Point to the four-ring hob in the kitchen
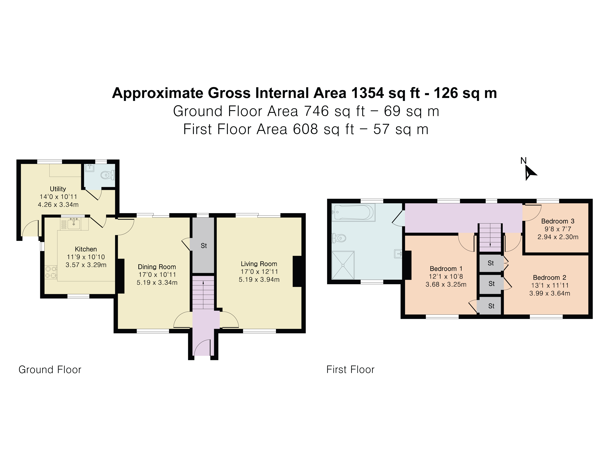[51, 272]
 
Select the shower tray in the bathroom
[343, 265]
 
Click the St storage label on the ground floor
[204, 246]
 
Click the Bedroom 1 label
[446, 269]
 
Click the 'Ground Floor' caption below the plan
[50, 370]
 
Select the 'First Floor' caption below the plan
[350, 370]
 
